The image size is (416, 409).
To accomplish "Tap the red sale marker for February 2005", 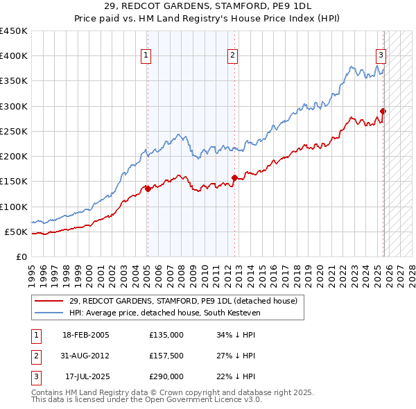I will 148,189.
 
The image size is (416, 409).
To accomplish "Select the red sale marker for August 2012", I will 234,177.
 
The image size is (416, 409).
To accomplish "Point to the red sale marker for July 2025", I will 383,111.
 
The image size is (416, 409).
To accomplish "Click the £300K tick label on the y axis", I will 13,106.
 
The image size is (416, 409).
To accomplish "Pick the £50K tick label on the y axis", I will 15,232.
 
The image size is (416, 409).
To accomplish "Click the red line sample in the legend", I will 49,301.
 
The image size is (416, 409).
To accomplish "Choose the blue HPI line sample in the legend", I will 49,313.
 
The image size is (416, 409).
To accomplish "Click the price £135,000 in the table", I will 166,335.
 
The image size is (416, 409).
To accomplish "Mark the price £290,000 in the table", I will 166,376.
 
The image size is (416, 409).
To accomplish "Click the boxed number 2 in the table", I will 35,356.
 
